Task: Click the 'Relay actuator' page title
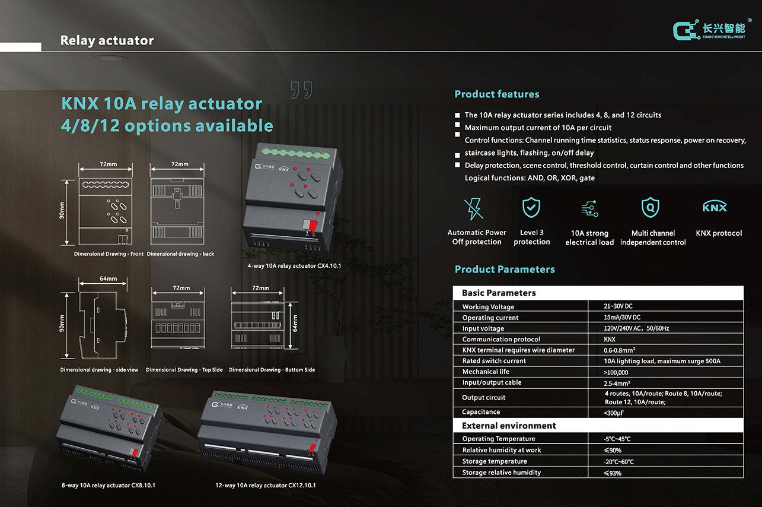(107, 40)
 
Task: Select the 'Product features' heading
(497, 94)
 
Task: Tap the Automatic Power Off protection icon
(473, 208)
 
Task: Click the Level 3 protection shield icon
(531, 208)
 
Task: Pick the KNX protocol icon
(715, 207)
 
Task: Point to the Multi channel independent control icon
(651, 208)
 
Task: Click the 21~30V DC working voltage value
(618, 306)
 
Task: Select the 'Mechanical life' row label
(486, 372)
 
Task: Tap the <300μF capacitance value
(614, 413)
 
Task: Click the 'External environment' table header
(509, 426)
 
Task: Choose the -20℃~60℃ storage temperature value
(618, 462)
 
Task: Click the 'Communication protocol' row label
(501, 339)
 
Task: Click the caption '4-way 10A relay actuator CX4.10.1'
(294, 266)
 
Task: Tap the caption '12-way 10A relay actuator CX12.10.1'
(266, 485)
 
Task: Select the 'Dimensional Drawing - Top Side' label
(184, 370)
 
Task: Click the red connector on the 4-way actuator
(309, 225)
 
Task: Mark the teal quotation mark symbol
(301, 90)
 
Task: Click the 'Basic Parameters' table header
(499, 293)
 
